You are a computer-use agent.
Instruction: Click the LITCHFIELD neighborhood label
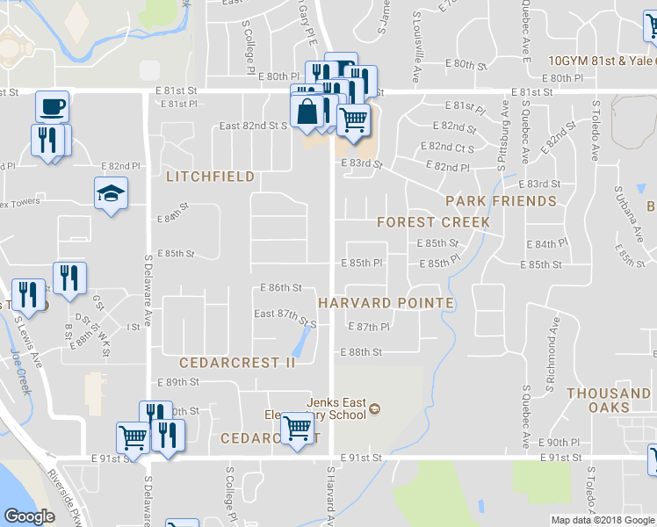pyautogui.click(x=210, y=177)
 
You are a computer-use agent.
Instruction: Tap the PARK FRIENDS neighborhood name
pyautogui.click(x=501, y=201)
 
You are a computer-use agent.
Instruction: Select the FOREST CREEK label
pyautogui.click(x=433, y=222)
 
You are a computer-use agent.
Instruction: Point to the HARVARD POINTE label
pyautogui.click(x=386, y=303)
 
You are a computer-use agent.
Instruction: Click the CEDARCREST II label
pyautogui.click(x=237, y=363)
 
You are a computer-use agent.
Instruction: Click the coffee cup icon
pyautogui.click(x=52, y=106)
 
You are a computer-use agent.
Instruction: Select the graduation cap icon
pyautogui.click(x=112, y=193)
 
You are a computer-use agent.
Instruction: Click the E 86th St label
pyautogui.click(x=281, y=288)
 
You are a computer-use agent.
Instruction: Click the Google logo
pyautogui.click(x=29, y=516)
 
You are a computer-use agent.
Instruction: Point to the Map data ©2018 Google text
pyautogui.click(x=602, y=520)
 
